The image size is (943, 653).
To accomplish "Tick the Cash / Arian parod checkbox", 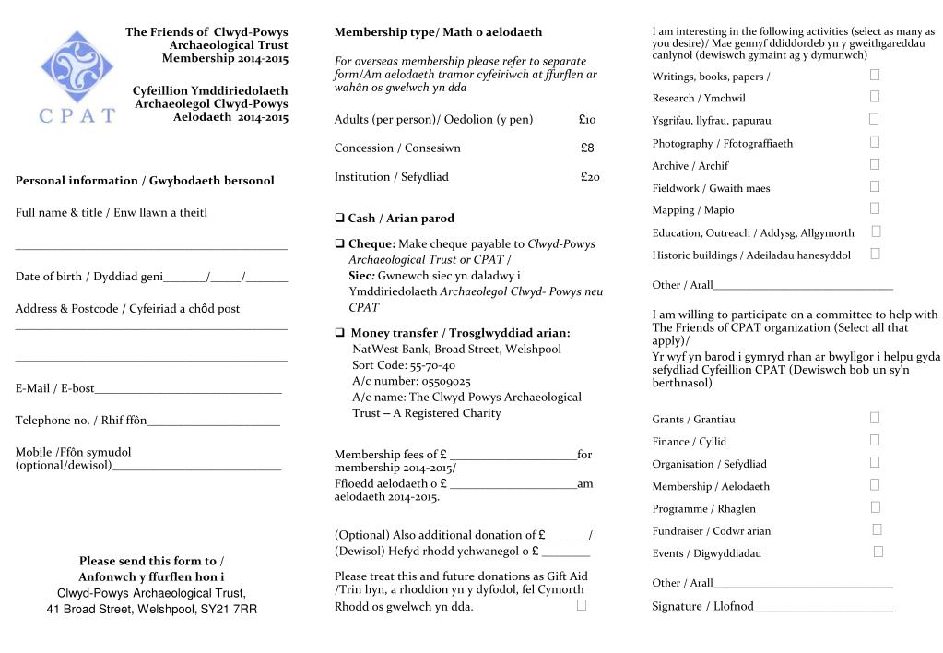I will click(339, 219).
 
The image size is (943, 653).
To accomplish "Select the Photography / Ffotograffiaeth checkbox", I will click(875, 142).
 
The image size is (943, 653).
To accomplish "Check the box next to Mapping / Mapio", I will click(875, 208).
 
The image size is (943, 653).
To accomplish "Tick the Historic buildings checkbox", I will click(875, 254).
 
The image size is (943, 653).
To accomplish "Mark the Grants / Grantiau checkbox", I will click(875, 418).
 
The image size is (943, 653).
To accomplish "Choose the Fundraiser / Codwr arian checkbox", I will click(877, 529).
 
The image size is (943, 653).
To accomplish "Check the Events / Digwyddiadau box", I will click(878, 552).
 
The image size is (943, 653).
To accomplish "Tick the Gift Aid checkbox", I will click(582, 605).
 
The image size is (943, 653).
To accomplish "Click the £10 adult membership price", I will click(587, 120).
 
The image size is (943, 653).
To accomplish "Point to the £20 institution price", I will click(590, 177).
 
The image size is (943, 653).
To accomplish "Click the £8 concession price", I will click(587, 148).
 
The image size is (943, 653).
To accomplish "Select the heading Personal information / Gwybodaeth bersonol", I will click(145, 181).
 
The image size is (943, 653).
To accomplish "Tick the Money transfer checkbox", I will click(340, 333).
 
